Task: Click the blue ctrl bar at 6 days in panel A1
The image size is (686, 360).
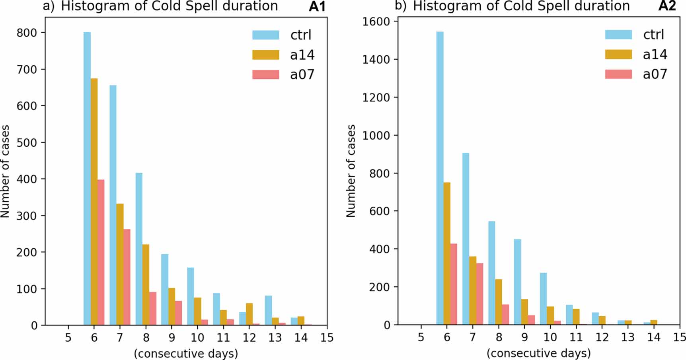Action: [x=87, y=179]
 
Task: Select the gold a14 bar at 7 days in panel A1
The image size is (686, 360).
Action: [x=120, y=265]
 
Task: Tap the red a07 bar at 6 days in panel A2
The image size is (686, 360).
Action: [x=454, y=284]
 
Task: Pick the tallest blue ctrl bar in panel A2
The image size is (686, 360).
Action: [x=440, y=179]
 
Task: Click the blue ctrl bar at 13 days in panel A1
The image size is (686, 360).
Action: [x=268, y=311]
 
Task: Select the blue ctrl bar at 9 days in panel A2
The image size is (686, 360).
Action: [x=517, y=282]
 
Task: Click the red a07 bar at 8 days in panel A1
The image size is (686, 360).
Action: [x=153, y=309]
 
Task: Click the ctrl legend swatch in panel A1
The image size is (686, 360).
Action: [x=265, y=35]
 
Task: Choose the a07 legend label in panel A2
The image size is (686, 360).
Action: [x=655, y=74]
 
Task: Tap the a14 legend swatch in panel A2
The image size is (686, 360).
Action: [x=618, y=54]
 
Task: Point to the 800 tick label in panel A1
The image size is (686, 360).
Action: [x=26, y=33]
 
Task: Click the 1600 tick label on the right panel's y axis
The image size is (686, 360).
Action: [x=376, y=21]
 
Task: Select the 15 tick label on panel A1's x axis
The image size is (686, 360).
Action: [x=327, y=338]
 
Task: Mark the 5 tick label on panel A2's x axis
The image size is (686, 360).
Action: [x=421, y=338]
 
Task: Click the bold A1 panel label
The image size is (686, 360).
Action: [x=317, y=6]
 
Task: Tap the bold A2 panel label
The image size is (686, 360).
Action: [x=667, y=6]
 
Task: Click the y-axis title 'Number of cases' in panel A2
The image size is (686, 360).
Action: [x=351, y=171]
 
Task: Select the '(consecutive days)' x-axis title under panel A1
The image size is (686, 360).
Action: [x=186, y=353]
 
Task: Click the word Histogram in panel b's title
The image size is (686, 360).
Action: [x=440, y=6]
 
